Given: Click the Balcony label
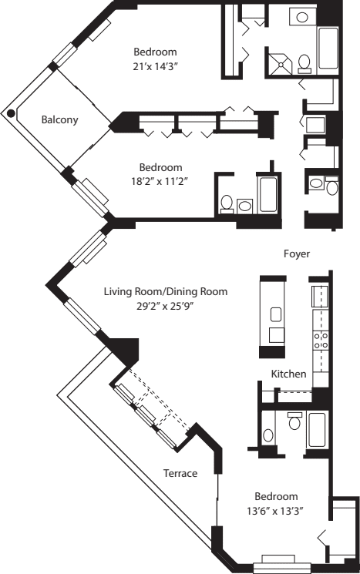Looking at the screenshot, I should click(58, 119).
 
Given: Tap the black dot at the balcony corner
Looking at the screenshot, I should click(10, 113).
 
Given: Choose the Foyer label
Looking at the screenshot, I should click(297, 252).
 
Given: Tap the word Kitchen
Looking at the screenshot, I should click(289, 374).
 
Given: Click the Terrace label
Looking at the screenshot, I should click(180, 473).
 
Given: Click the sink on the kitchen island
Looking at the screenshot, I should click(275, 314).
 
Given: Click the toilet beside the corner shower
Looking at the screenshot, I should click(304, 61).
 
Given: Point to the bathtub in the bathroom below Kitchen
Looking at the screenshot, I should click(317, 430).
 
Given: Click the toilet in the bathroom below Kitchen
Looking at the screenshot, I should click(294, 423).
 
